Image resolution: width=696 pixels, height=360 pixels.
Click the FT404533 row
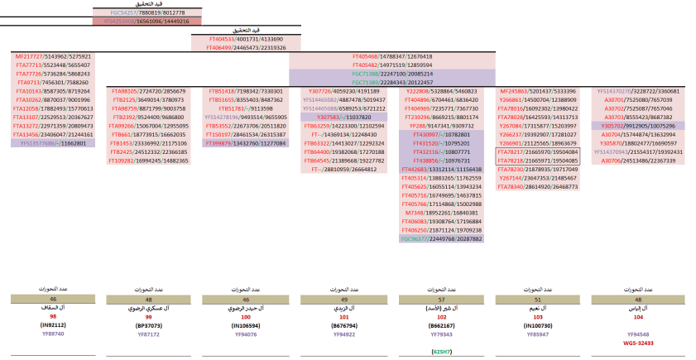(x=246, y=39)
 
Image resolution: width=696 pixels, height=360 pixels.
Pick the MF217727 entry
(x=53, y=56)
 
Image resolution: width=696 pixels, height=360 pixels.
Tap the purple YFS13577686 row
(x=53, y=143)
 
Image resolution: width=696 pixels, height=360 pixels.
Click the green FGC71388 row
(x=391, y=74)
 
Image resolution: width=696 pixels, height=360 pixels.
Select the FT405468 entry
(x=391, y=56)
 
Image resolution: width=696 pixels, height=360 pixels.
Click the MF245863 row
(x=536, y=91)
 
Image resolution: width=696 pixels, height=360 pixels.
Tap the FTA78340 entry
(x=536, y=187)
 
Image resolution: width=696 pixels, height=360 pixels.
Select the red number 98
(x=53, y=316)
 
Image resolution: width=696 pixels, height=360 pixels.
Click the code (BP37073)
(x=150, y=325)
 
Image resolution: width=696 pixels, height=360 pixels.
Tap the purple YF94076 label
(x=246, y=334)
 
